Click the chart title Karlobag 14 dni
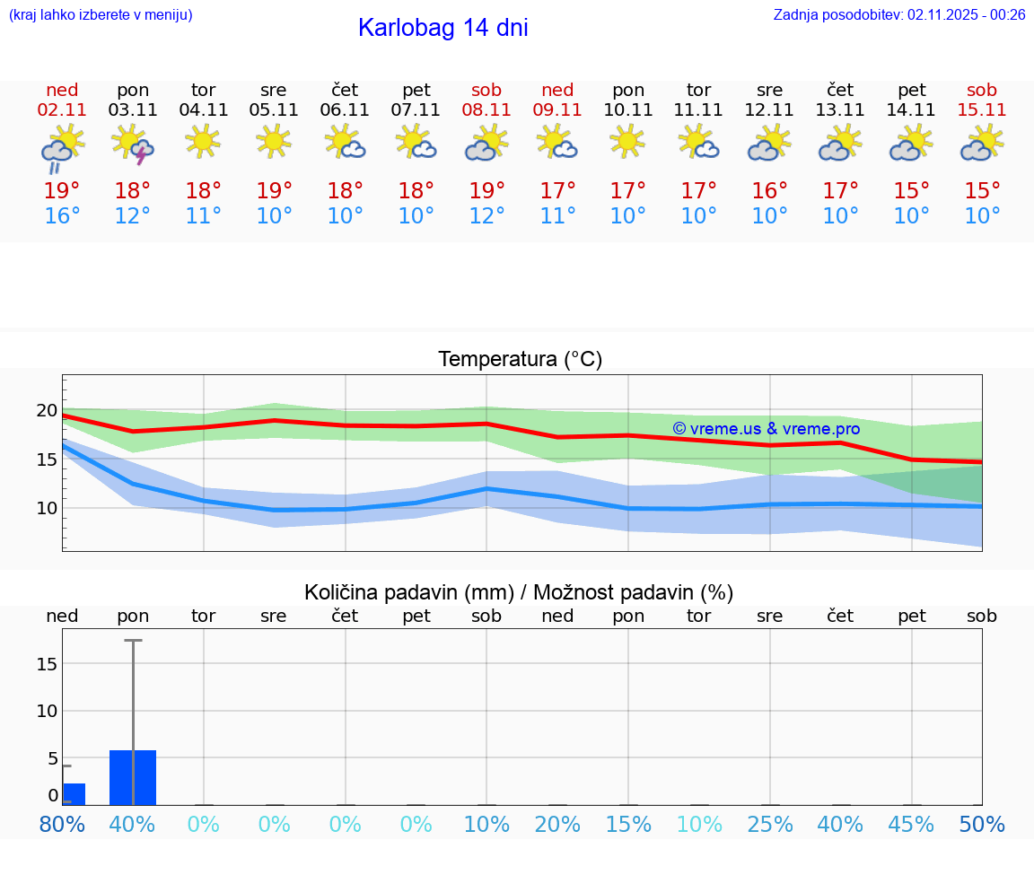click(x=443, y=28)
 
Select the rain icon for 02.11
click(x=62, y=147)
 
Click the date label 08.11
click(x=486, y=110)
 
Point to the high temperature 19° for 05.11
click(x=274, y=190)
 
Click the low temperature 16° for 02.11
click(x=62, y=215)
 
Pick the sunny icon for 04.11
click(x=203, y=141)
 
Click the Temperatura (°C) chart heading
click(x=520, y=359)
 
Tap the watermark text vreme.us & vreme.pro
click(x=767, y=429)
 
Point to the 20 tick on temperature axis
click(x=47, y=411)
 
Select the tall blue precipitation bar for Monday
click(x=133, y=777)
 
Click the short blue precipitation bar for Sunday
click(x=74, y=794)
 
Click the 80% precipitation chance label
click(x=63, y=824)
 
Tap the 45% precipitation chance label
click(x=911, y=824)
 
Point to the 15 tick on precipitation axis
click(x=47, y=663)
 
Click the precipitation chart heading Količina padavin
click(x=519, y=592)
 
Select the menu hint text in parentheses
click(x=100, y=14)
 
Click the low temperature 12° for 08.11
click(x=486, y=215)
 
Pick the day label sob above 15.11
click(x=981, y=90)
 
